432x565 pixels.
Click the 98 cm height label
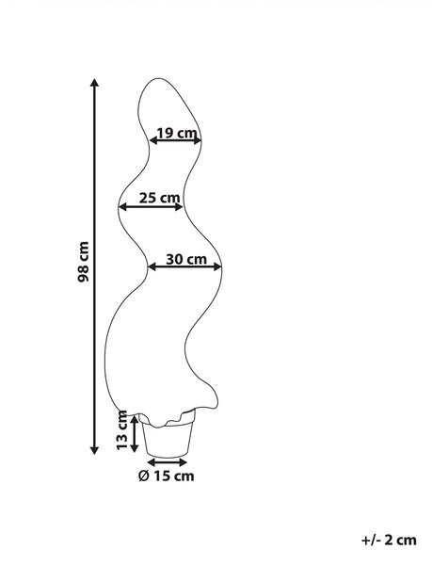coord(83,262)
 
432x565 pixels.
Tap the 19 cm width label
coord(177,133)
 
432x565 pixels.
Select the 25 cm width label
coord(159,198)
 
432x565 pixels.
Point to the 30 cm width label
coord(186,259)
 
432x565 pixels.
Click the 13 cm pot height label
coord(122,430)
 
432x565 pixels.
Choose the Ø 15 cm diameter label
coord(166,476)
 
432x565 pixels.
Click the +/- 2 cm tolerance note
coord(389,540)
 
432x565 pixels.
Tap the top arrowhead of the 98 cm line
coord(94,83)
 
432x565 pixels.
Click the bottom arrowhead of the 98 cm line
coord(94,450)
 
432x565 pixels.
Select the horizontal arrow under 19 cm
coord(175,140)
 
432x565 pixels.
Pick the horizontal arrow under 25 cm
coord(152,206)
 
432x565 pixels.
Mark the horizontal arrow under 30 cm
coord(184,266)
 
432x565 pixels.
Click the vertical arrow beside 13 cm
coord(135,433)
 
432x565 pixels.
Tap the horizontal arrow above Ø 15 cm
coord(168,462)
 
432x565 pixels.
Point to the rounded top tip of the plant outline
coord(158,78)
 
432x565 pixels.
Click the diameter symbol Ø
coord(143,476)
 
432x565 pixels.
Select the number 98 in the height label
coord(83,273)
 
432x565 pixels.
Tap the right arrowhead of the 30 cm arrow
coord(217,266)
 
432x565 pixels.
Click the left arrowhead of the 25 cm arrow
coord(123,206)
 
